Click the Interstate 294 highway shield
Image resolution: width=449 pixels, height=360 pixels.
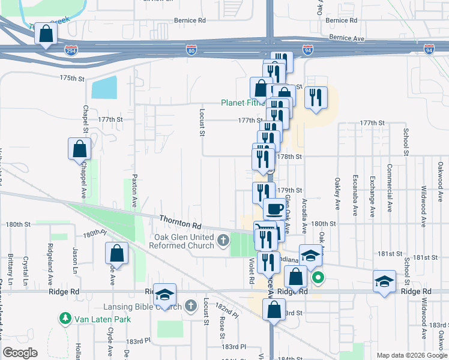point(71,51)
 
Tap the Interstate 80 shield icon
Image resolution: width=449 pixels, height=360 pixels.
point(191,50)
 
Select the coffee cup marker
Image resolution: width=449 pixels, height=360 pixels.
point(275,209)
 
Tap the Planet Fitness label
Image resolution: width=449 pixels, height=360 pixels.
point(243,103)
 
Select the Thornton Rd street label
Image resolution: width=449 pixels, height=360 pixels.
point(179,221)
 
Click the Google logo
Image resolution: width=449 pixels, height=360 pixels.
point(20,353)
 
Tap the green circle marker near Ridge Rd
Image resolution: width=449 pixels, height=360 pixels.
point(318,277)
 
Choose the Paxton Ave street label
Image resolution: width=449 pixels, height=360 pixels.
point(134,194)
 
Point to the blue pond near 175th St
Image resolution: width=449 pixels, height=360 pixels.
point(104,88)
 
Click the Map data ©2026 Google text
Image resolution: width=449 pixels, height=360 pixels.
point(411,355)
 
